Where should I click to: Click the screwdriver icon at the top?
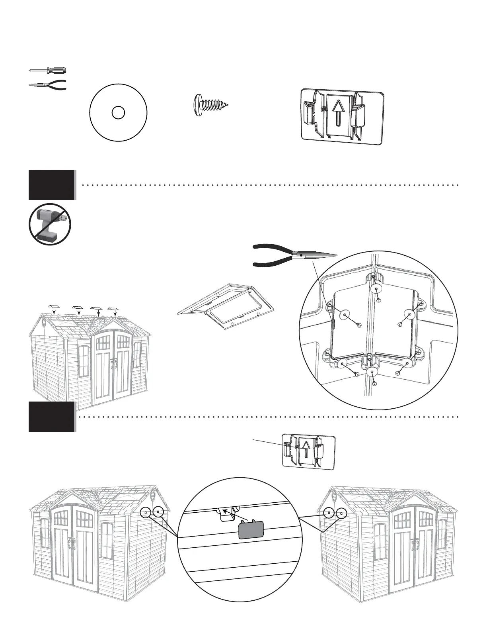pos(48,71)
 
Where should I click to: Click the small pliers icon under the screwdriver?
pos(48,85)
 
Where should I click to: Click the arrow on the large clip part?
pos(337,112)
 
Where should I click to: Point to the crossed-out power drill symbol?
pos(50,224)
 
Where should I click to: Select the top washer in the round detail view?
pos(375,289)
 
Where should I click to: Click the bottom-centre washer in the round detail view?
pos(372,373)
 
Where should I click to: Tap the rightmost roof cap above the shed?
pos(115,308)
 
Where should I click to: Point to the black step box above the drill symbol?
pos(52,184)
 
